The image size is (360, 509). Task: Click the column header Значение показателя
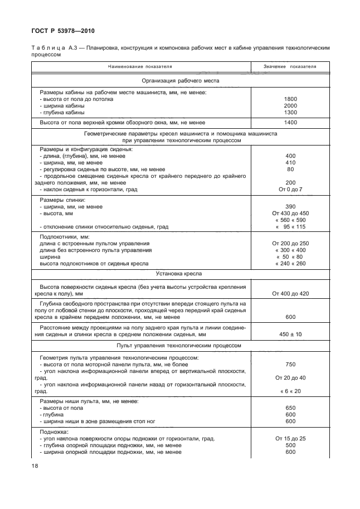pyautogui.click(x=290, y=66)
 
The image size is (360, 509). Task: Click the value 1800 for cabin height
pyautogui.click(x=290, y=99)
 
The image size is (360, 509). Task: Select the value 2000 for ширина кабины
pyautogui.click(x=290, y=105)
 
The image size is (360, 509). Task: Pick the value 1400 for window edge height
pyautogui.click(x=290, y=122)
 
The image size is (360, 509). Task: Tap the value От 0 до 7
pyautogui.click(x=290, y=190)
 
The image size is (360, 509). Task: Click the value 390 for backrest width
pyautogui.click(x=290, y=207)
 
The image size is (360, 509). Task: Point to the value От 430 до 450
pyautogui.click(x=290, y=214)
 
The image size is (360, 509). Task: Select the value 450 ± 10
pyautogui.click(x=290, y=335)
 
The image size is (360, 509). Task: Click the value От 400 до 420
pyautogui.click(x=290, y=293)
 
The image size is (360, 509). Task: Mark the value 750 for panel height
pyautogui.click(x=290, y=364)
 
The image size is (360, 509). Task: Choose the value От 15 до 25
pyautogui.click(x=290, y=439)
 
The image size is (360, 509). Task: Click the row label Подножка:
pyautogui.click(x=53, y=432)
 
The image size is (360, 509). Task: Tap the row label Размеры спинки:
pyautogui.click(x=62, y=200)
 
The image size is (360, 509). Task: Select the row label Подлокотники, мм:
pyautogui.click(x=65, y=237)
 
